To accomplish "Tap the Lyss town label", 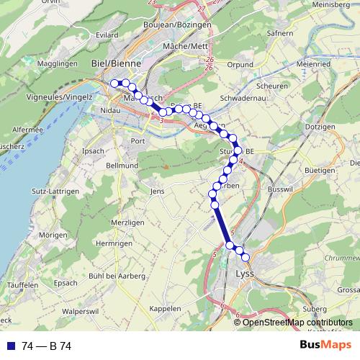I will pos(246,274).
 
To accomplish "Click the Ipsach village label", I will pos(94,151).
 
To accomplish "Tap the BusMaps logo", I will pos(325,345).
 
